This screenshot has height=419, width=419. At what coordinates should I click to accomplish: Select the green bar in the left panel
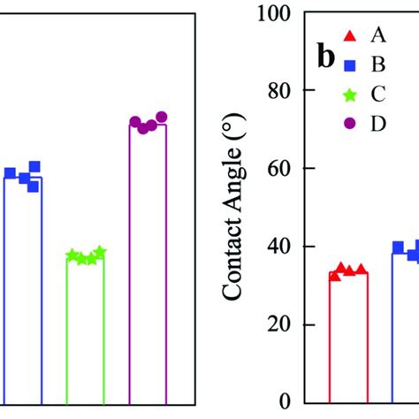coord(85,331)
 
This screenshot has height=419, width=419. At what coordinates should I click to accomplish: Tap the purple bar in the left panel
coord(148,265)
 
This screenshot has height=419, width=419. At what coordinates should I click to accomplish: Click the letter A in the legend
coord(378,35)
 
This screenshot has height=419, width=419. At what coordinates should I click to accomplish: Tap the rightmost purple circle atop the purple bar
coord(162,118)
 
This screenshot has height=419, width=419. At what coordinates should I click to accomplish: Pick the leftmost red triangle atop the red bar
coord(334,276)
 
